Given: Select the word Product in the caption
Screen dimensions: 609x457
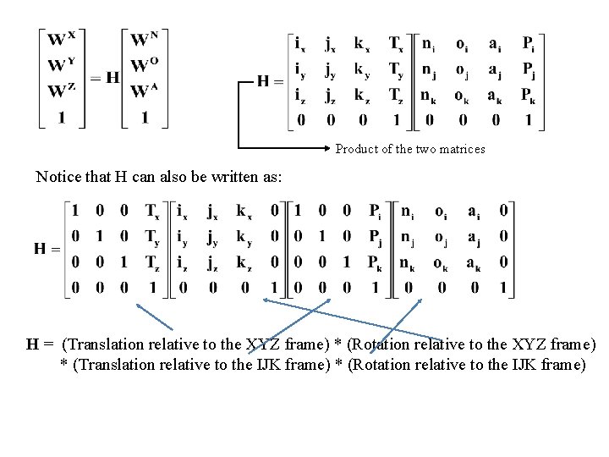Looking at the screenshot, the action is coord(354,149).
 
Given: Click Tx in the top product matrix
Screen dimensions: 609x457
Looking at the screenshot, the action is coord(396,41).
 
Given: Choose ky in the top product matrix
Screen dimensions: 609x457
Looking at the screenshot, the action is coord(362,68).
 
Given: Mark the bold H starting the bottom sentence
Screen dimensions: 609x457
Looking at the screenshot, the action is coord(34,344).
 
